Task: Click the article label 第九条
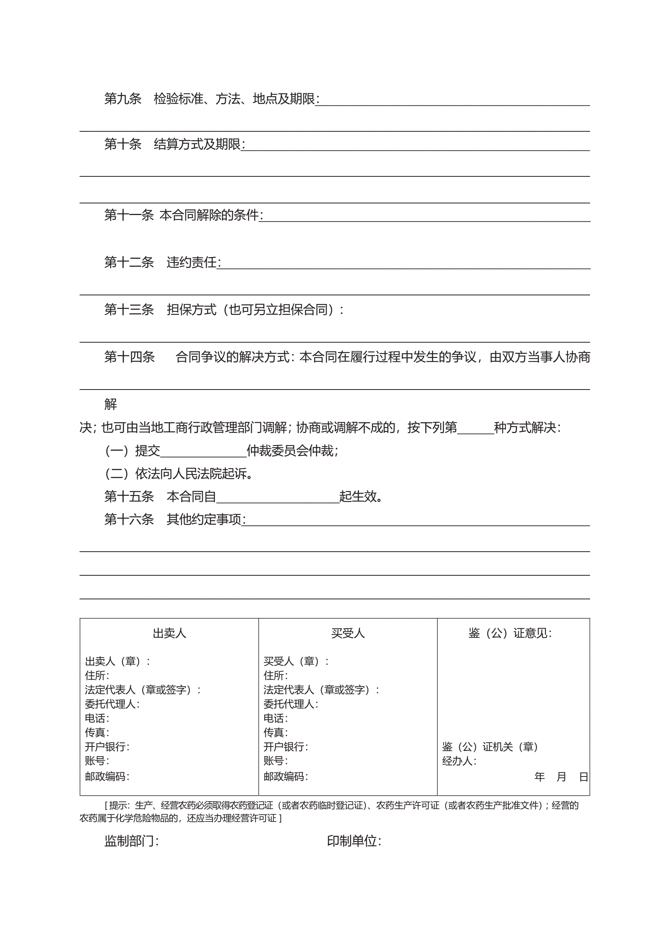point(123,99)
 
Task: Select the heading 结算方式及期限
point(197,144)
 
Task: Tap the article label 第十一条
point(129,215)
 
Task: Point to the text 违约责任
point(192,262)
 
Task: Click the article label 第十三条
point(129,310)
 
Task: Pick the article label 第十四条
point(129,357)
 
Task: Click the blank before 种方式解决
point(476,428)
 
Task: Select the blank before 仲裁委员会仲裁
point(203,451)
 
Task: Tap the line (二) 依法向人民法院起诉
point(179,474)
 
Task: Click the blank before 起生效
point(278,497)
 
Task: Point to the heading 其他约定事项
point(204,519)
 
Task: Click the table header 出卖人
point(169,634)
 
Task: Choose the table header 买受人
point(348,634)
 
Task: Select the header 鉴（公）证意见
point(510,634)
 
